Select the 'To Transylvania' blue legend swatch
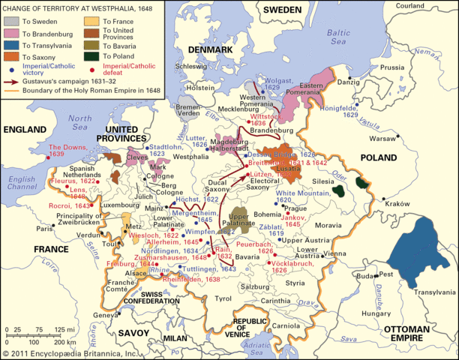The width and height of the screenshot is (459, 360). click(11, 44)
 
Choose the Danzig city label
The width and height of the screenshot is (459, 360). click(364, 80)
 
